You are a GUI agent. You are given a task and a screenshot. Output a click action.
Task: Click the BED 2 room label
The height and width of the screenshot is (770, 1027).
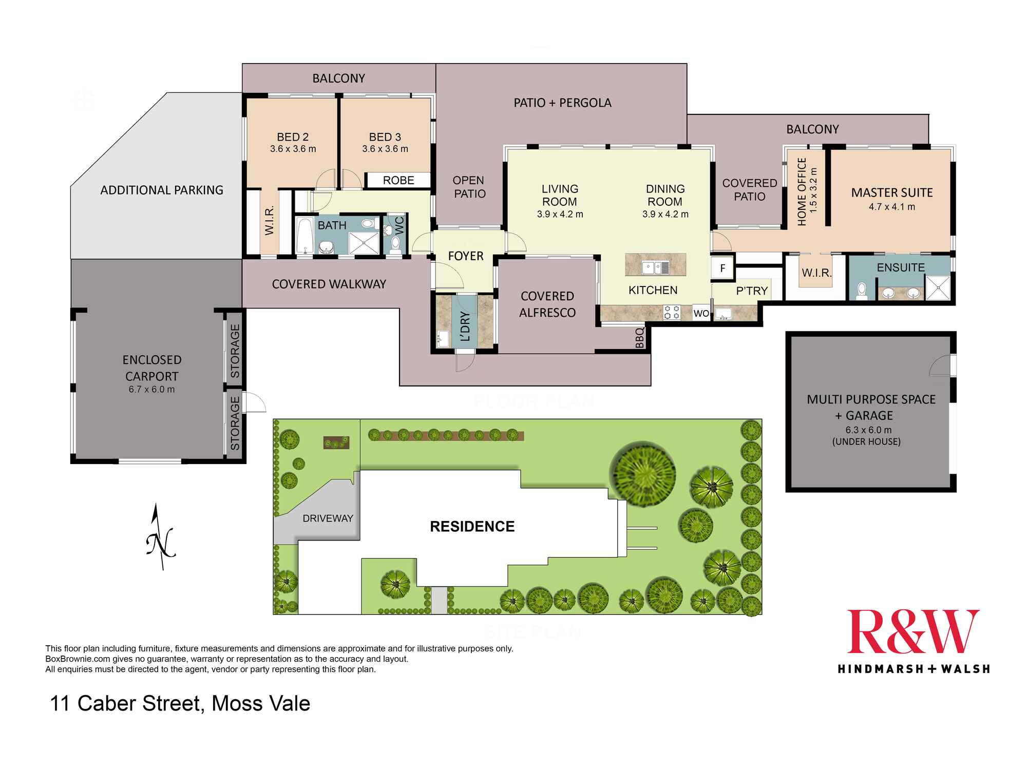pyautogui.click(x=293, y=137)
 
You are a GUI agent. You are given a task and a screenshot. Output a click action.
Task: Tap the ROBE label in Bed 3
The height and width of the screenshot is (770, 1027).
pyautogui.click(x=398, y=180)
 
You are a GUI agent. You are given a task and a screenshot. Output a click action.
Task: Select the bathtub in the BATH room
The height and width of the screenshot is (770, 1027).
pyautogui.click(x=305, y=236)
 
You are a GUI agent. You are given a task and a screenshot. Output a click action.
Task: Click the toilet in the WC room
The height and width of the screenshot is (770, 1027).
pyautogui.click(x=395, y=244)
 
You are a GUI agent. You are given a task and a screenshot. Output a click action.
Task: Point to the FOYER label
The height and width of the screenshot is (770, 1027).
pyautogui.click(x=465, y=256)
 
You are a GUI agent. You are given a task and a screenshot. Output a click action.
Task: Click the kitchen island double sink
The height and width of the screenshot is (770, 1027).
pyautogui.click(x=655, y=266)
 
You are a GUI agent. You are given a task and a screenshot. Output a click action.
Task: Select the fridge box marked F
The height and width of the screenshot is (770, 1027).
pyautogui.click(x=722, y=268)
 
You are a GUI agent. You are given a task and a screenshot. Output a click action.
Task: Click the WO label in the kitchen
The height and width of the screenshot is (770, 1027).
pyautogui.click(x=701, y=313)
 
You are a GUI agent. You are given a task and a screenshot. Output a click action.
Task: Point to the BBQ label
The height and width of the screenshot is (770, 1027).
pyautogui.click(x=640, y=338)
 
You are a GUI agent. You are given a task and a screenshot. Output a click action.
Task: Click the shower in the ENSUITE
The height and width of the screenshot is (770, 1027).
pyautogui.click(x=938, y=288)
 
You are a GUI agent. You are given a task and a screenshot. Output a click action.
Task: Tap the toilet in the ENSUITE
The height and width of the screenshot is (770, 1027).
pyautogui.click(x=862, y=291)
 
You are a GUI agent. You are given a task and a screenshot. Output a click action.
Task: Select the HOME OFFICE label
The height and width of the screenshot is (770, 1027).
pyautogui.click(x=802, y=191)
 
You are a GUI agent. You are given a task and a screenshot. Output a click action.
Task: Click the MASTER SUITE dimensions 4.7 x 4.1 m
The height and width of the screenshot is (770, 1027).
pyautogui.click(x=892, y=207)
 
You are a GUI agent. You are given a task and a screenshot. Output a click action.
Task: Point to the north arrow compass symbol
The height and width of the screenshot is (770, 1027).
pyautogui.click(x=161, y=538)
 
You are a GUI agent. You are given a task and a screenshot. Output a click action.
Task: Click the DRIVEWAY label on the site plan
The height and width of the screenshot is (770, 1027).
pyautogui.click(x=328, y=518)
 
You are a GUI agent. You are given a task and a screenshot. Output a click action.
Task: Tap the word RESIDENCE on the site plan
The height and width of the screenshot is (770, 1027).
pyautogui.click(x=472, y=527)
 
